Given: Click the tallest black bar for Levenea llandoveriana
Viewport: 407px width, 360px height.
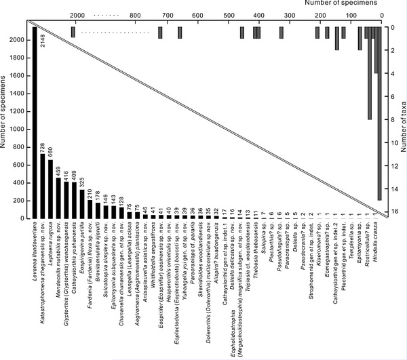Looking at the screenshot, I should pyautogui.click(x=35, y=122).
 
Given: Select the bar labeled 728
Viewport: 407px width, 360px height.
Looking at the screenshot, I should pyautogui.click(x=43, y=186).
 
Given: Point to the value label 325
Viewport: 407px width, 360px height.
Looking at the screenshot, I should pyautogui.click(x=82, y=182).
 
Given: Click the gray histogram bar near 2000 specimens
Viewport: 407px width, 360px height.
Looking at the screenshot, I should pyautogui.click(x=73, y=32).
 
